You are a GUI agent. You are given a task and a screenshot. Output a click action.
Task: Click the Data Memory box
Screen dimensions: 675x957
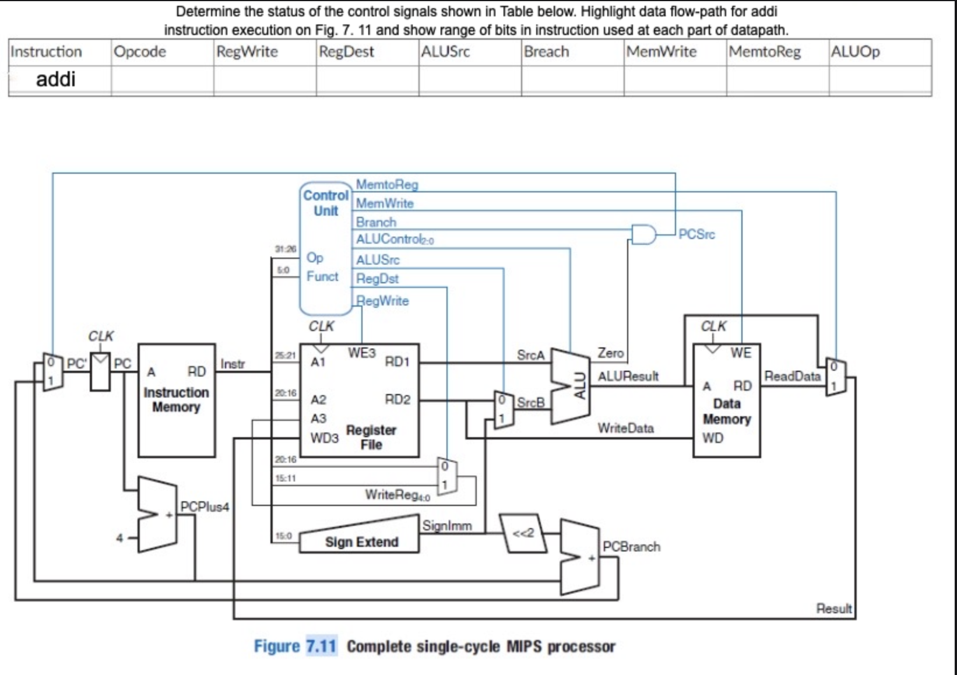point(726,411)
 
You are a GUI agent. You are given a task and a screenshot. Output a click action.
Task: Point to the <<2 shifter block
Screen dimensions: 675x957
point(523,533)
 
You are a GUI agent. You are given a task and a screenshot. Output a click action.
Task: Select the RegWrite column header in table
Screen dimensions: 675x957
point(247,52)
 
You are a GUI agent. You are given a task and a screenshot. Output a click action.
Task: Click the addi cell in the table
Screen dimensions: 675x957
point(56,79)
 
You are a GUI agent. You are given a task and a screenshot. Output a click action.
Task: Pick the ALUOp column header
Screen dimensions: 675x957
point(855,52)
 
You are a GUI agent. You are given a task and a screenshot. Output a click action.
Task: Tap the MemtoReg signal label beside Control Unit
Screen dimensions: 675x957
point(387,184)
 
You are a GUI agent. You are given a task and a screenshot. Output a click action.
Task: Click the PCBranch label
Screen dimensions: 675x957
point(631,547)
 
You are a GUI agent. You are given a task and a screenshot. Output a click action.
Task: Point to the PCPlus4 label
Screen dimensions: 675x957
point(205,507)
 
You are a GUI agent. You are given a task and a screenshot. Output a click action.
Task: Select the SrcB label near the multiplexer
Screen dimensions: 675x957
point(530,402)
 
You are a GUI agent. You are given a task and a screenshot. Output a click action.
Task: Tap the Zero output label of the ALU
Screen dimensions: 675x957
point(610,353)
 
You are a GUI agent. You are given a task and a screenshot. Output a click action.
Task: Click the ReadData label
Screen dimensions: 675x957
point(792,376)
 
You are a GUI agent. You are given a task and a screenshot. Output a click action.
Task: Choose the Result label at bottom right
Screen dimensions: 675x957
point(833,609)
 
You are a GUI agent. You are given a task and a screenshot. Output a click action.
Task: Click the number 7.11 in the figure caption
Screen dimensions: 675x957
point(321,646)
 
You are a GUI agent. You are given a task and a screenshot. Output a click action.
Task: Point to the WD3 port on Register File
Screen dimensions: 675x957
point(324,438)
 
